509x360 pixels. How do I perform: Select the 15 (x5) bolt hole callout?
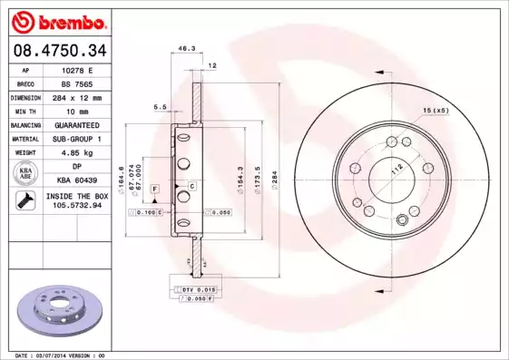coord(435,110)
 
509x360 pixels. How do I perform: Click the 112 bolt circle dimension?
coord(395,168)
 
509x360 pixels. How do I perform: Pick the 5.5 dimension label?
coord(161,107)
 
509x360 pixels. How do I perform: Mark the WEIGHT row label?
coord(25,153)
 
